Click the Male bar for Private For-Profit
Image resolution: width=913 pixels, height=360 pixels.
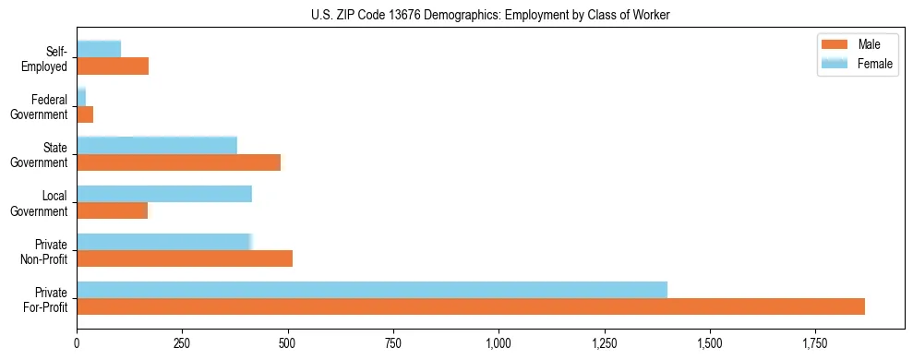471,306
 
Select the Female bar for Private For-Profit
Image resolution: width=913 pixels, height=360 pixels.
372,290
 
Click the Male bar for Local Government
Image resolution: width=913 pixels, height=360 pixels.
112,210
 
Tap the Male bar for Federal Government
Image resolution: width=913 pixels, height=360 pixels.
85,114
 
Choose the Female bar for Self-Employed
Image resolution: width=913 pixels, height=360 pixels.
99,49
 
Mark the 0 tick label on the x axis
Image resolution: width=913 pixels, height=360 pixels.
77,343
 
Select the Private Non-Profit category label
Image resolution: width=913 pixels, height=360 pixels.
45,251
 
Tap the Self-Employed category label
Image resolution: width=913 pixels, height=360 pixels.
46,58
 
